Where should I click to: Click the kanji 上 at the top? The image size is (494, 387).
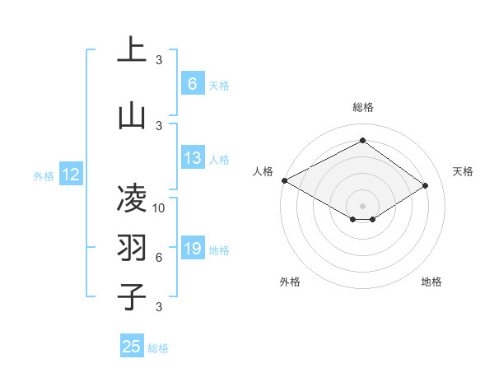(132, 49)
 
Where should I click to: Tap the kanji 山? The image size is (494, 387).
(132, 115)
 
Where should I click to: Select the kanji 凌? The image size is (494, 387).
(132, 198)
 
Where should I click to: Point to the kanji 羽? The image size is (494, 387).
(132, 247)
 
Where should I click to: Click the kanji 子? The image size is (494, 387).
(132, 296)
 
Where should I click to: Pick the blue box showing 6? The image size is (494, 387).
(192, 84)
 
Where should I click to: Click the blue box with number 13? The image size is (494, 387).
(192, 159)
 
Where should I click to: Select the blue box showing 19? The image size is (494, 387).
(192, 249)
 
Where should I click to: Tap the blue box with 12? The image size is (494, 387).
(70, 175)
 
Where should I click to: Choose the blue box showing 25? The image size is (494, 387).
(132, 347)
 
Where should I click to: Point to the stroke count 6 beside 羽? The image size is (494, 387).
(159, 258)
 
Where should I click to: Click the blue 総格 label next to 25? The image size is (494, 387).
(158, 348)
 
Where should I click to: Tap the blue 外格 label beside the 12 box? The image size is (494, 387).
(43, 175)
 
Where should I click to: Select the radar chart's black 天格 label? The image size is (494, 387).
(463, 171)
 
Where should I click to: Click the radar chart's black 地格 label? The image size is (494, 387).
(431, 282)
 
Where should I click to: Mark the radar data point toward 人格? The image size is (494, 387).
(284, 180)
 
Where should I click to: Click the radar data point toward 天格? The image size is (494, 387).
(426, 185)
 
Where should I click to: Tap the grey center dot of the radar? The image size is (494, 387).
(362, 205)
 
